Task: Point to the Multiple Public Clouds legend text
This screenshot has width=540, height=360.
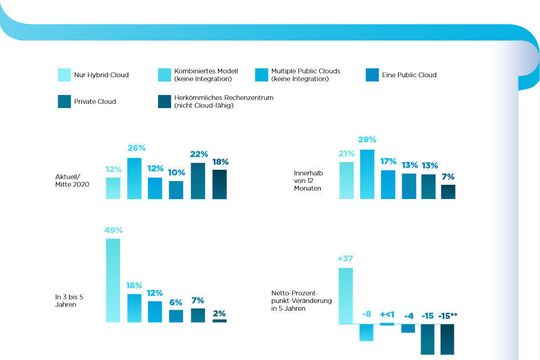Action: tap(299, 76)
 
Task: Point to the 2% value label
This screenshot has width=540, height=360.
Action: tap(219, 312)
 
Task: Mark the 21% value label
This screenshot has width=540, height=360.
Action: tap(346, 154)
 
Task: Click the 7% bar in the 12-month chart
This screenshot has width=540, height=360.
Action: tap(448, 192)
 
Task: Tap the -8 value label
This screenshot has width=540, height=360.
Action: tap(366, 314)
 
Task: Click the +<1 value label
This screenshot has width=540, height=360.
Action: tap(387, 314)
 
